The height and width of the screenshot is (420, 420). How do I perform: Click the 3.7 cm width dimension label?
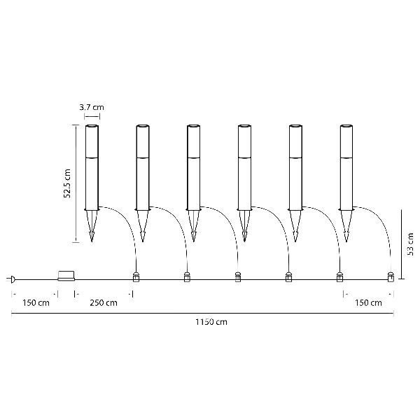[92, 107]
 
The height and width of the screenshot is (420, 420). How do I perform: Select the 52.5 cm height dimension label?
[67, 183]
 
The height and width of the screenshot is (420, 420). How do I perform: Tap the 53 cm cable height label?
[410, 244]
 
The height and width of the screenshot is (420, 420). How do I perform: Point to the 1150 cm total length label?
[211, 322]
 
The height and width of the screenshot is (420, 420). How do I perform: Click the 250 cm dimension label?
[104, 303]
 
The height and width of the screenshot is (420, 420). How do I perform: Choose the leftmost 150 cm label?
[36, 303]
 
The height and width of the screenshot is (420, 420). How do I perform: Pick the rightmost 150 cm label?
[368, 303]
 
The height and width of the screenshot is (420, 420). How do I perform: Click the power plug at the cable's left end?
[11, 279]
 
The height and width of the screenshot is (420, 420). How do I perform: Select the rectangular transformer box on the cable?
[66, 276]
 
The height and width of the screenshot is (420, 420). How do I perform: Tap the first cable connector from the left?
[136, 277]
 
